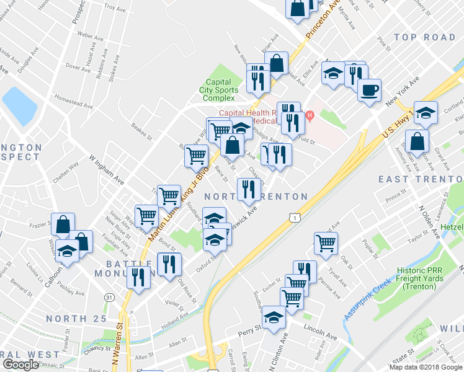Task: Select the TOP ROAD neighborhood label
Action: click(424, 38)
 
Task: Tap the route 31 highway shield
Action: click(109, 298)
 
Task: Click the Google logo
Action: click(20, 365)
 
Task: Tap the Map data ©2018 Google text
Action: click(425, 367)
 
